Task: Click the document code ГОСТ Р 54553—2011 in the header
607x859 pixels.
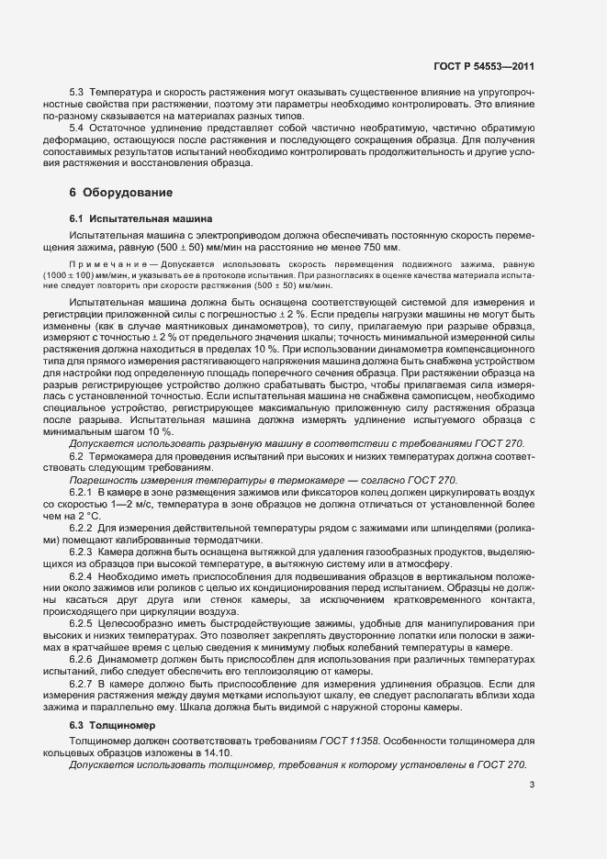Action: (x=484, y=66)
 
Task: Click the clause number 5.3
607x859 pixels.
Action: (x=77, y=95)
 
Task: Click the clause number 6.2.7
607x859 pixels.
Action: (x=82, y=659)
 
